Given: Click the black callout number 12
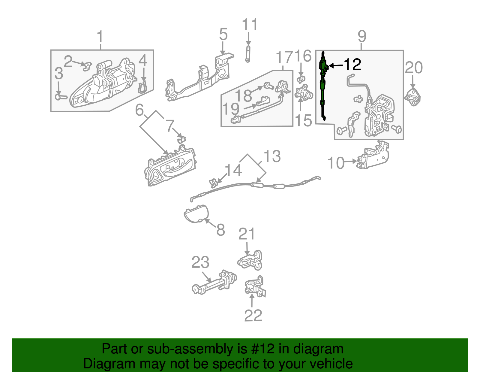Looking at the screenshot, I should coord(352,65).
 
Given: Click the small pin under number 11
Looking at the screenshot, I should coord(248,54).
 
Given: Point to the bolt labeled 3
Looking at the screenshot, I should coord(61,97).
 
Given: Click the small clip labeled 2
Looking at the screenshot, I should coord(87,66).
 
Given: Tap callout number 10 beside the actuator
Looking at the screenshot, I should coord(336,163).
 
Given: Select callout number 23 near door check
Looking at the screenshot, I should coord(200,262).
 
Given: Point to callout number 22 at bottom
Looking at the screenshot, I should coord(253,316).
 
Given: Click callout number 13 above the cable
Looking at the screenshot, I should coord(272,156).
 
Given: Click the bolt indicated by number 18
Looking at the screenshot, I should coord(268,86).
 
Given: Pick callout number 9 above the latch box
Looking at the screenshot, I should coord(362,36).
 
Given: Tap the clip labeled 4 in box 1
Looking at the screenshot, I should coord(143,87).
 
